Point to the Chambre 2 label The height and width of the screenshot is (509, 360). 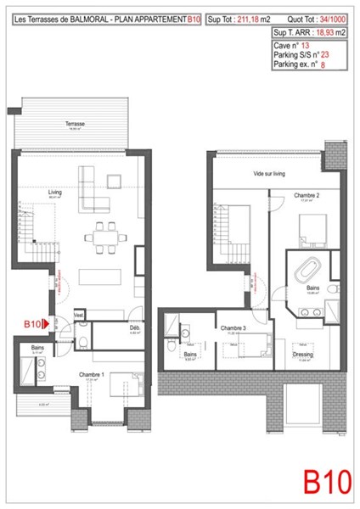point(307,195)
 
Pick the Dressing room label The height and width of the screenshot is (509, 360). point(303,354)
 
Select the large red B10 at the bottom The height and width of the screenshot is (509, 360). point(327,480)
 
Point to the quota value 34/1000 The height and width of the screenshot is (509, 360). point(332,14)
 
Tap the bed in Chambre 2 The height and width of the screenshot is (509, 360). point(310,227)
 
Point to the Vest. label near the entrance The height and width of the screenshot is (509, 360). point(79,315)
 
